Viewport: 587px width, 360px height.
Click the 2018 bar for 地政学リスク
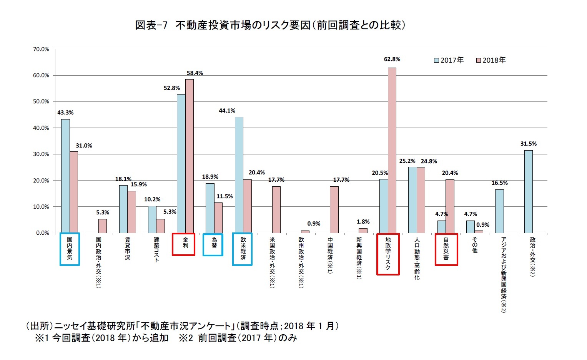tap(392, 150)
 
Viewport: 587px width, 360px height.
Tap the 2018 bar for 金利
tap(190, 156)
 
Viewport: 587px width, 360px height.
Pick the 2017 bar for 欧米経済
tap(239, 175)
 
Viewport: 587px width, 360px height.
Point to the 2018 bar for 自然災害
tap(450, 206)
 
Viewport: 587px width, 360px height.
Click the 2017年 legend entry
tap(449, 60)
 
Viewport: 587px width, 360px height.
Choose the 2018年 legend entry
tap(491, 60)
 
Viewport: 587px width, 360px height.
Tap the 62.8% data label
tap(392, 59)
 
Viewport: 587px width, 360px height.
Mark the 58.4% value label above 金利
tap(195, 73)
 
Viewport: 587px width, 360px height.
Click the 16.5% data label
tap(499, 183)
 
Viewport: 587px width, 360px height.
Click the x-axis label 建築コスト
tap(156, 249)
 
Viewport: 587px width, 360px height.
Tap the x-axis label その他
tap(475, 245)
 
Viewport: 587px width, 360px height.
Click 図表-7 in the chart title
tap(151, 25)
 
